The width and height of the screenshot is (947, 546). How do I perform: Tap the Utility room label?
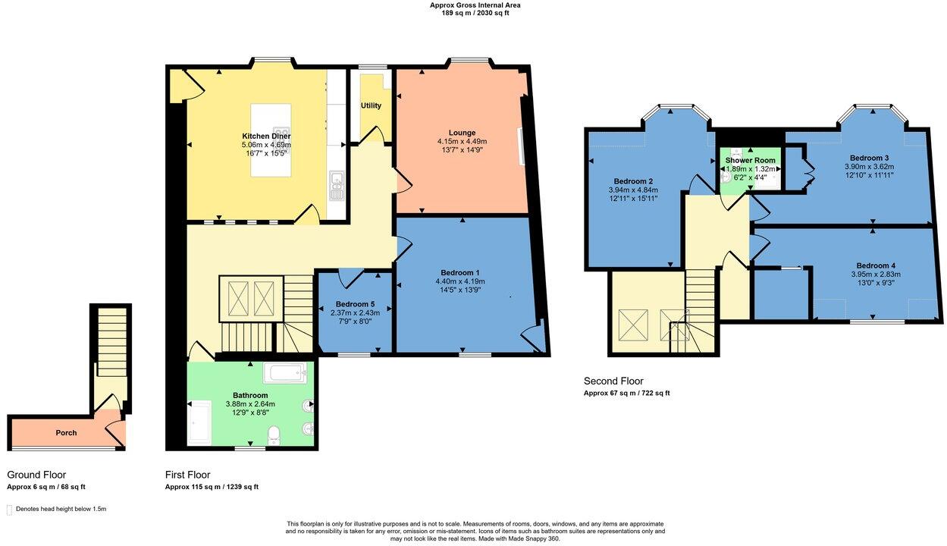click(x=371, y=105)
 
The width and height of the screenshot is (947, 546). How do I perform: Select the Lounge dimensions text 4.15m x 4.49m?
click(x=462, y=141)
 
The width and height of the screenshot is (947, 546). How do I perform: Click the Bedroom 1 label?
click(x=459, y=272)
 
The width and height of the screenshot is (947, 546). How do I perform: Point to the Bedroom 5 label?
click(x=355, y=304)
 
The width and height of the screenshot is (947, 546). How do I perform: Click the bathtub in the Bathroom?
click(x=285, y=373)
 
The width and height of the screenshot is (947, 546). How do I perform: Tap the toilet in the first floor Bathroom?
click(x=274, y=435)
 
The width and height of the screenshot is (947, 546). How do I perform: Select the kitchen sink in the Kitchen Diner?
click(x=336, y=186)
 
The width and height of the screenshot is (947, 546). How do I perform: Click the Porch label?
click(x=66, y=433)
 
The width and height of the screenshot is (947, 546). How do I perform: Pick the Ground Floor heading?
click(x=36, y=475)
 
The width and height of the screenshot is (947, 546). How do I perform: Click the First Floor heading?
click(x=187, y=475)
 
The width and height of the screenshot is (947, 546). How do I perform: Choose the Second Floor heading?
click(x=613, y=381)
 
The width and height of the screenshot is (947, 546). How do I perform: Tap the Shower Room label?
click(x=750, y=160)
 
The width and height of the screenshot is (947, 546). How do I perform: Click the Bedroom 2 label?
click(x=633, y=181)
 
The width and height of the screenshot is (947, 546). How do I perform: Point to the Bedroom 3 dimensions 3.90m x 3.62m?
click(x=869, y=166)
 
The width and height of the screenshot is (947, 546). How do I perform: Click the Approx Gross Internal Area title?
click(x=475, y=5)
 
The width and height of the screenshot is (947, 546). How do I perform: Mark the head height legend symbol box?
click(x=10, y=509)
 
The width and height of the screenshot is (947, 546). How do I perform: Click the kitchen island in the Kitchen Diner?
click(x=271, y=140)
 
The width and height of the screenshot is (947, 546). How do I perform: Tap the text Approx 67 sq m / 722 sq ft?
click(x=626, y=393)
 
